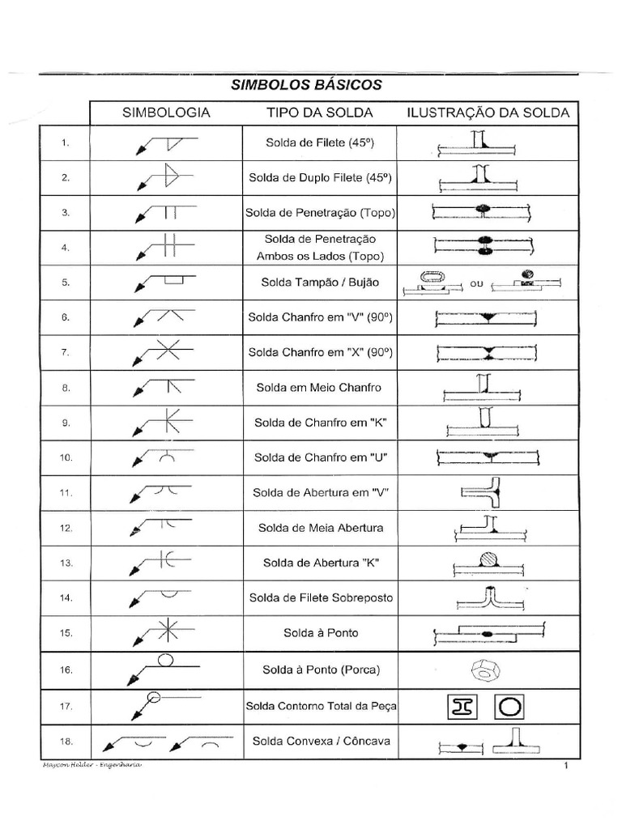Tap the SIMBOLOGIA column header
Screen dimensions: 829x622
(166, 113)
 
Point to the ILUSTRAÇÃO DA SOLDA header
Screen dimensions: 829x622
(488, 113)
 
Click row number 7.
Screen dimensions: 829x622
(66, 353)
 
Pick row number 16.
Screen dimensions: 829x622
(66, 670)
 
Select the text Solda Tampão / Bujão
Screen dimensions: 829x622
(319, 283)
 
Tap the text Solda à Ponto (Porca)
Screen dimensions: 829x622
(319, 670)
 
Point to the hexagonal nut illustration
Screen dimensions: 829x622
(487, 670)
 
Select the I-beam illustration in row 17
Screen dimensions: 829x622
(461, 706)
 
